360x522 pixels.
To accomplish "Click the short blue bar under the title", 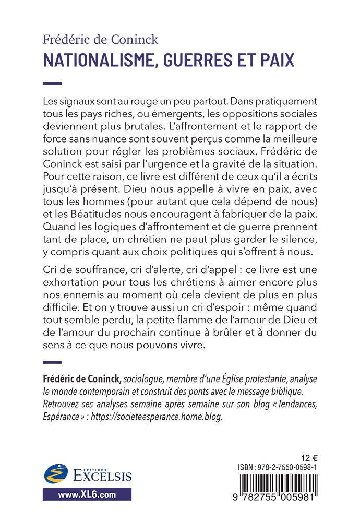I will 52,83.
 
